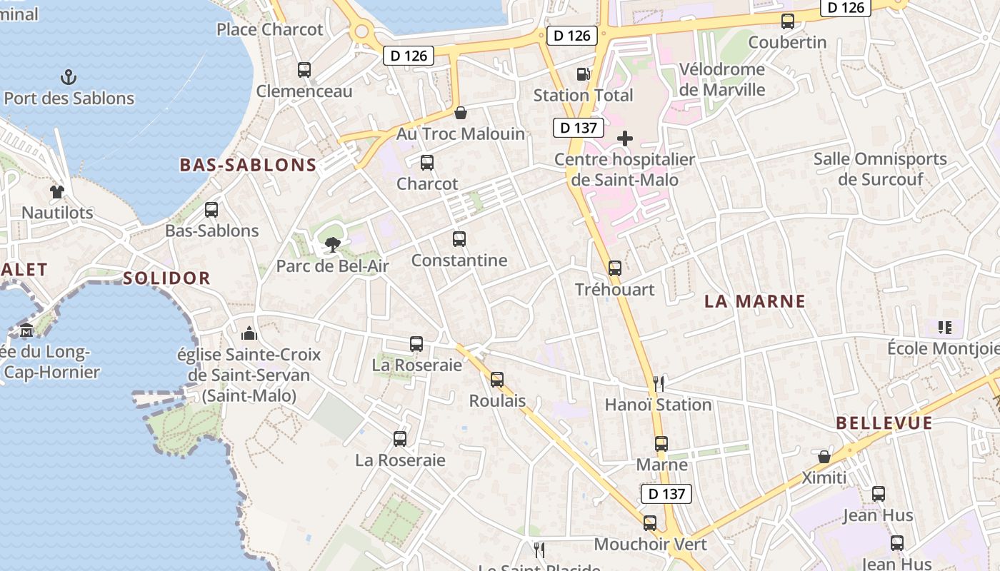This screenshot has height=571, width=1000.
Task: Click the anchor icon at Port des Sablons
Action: point(69,76)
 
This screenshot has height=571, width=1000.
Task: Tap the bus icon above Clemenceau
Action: point(304,70)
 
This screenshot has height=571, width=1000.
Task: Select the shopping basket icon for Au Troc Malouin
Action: point(461,113)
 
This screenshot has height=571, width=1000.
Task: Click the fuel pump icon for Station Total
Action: point(584,74)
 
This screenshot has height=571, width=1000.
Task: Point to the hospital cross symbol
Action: point(625,138)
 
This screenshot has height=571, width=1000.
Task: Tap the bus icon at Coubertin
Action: point(788,21)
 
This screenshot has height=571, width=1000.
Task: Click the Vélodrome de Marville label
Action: point(721,79)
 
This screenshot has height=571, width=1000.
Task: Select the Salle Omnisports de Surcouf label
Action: point(880,168)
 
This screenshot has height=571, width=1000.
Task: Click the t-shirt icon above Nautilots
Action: point(57,191)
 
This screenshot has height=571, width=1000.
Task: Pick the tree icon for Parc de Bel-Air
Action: point(332,246)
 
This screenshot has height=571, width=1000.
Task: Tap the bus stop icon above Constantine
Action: point(459,239)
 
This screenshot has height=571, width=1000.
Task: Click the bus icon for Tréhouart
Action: point(615,268)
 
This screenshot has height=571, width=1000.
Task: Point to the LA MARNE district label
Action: point(755,301)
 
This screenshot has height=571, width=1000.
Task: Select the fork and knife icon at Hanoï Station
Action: point(659,384)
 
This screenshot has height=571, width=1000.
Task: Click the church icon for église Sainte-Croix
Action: point(249,333)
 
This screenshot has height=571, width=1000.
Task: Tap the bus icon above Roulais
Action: point(497,380)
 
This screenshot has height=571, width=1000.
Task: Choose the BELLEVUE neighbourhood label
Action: point(884,423)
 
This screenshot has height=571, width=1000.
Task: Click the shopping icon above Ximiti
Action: point(824,456)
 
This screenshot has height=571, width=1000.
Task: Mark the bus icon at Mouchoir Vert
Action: point(650,523)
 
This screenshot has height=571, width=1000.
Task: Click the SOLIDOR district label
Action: point(166,278)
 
